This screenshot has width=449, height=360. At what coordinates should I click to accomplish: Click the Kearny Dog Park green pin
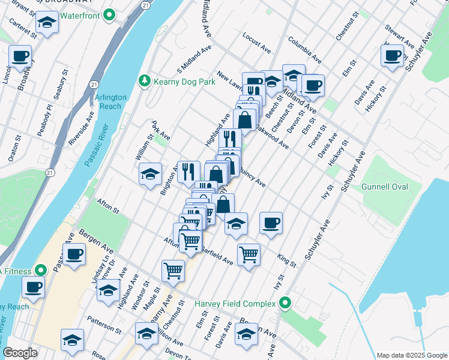click(x=144, y=80)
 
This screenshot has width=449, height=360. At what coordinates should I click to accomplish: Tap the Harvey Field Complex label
click(x=234, y=304)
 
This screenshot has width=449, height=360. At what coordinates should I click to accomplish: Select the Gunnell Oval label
click(x=385, y=187)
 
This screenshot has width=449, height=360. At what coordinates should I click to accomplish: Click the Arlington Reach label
click(x=110, y=101)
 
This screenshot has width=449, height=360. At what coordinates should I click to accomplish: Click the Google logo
click(x=20, y=353)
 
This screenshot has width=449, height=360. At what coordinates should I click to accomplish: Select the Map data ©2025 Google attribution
click(x=411, y=355)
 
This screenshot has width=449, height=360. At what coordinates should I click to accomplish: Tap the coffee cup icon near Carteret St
click(x=20, y=56)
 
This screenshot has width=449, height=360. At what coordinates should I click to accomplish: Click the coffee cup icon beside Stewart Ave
click(x=392, y=55)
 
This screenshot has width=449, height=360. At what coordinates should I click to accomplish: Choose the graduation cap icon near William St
click(x=150, y=174)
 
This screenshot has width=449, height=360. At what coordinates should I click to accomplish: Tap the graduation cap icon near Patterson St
click(x=72, y=339)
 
